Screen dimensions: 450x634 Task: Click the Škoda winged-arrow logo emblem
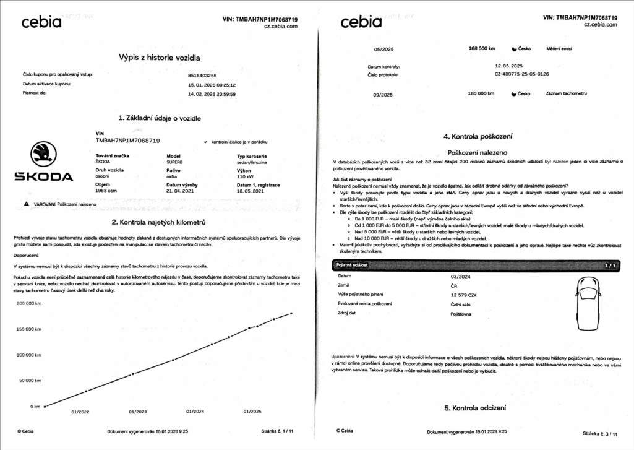coord(43,154)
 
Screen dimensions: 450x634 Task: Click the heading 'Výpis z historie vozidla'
coord(159,58)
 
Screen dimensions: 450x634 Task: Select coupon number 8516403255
coord(202,75)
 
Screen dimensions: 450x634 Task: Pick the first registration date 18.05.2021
coord(251,191)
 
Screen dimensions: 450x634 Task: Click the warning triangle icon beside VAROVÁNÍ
coord(26,204)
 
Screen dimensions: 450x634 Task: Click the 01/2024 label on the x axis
coord(195,412)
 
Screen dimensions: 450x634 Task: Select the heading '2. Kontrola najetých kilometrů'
coord(158,222)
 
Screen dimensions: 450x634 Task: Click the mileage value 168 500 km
coord(482,48)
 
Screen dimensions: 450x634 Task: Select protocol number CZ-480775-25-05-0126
coord(521,74)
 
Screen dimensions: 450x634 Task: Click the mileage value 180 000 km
coord(482,93)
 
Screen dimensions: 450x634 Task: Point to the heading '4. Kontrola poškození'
coord(477,136)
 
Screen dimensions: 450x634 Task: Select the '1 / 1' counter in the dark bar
coord(610,265)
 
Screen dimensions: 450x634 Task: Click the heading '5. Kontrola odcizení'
coord(474,408)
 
